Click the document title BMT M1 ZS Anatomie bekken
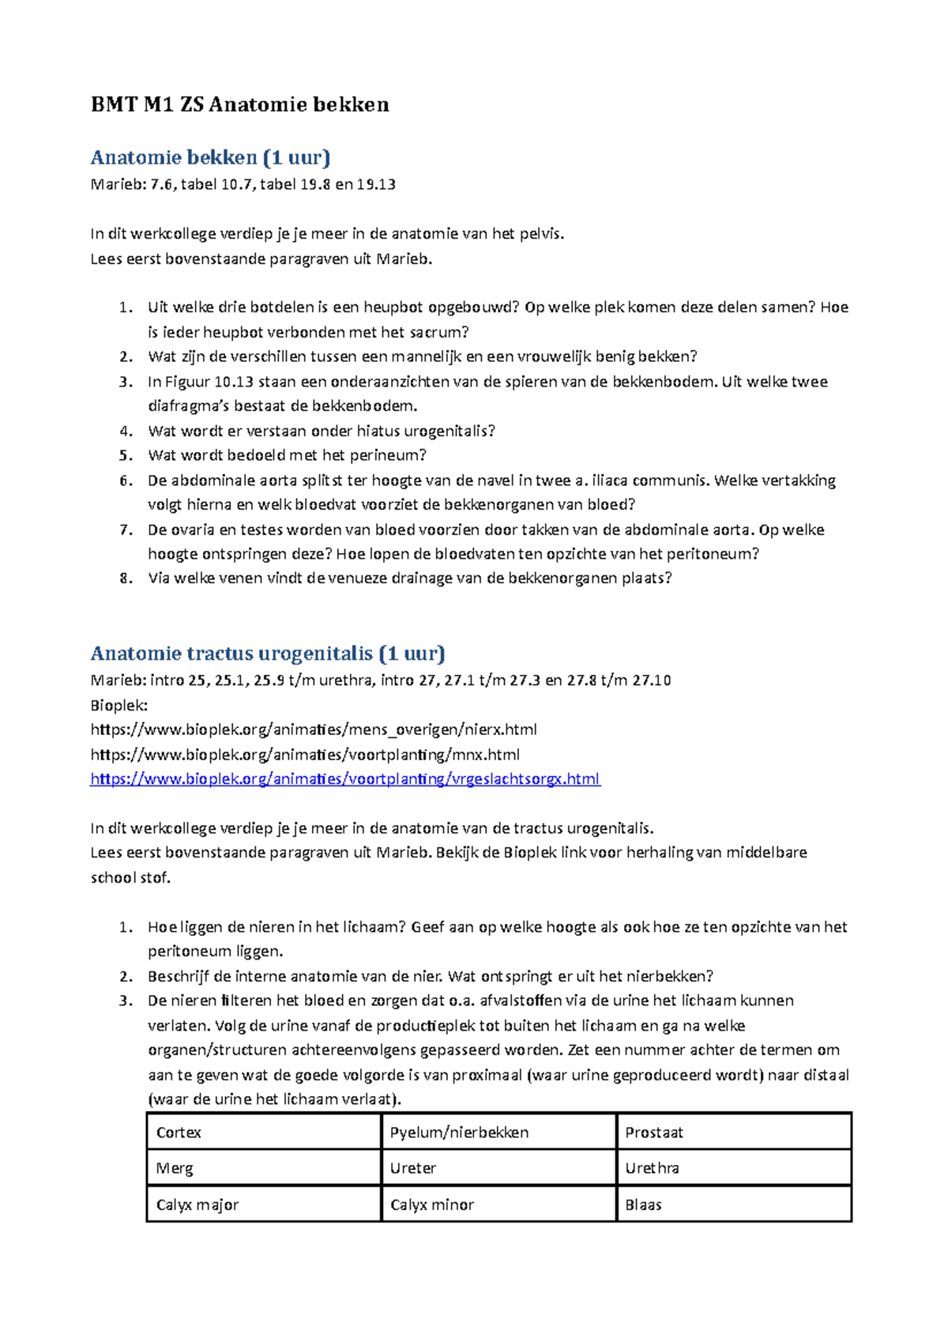pos(239,104)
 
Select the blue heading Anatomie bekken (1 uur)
pos(210,157)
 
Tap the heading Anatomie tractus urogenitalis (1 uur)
pos(268,654)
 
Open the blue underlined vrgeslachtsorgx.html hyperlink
pos(345,779)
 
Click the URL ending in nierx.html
pos(314,729)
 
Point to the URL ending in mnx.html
pos(305,755)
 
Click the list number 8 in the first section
pos(126,579)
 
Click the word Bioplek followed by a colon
pos(118,705)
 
